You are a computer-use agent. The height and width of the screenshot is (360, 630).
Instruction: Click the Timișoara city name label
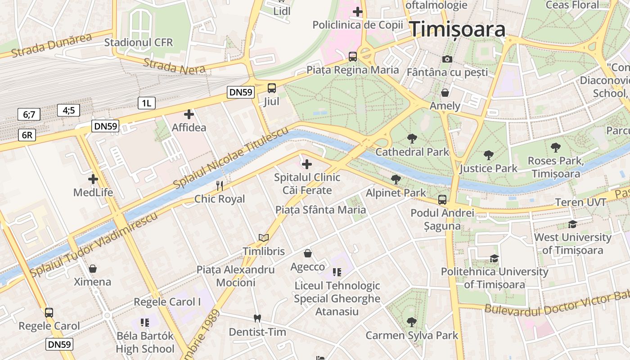[457, 30]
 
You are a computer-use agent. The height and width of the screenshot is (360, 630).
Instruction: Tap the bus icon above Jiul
[272, 88]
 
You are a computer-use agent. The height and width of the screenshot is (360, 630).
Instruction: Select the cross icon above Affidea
[189, 114]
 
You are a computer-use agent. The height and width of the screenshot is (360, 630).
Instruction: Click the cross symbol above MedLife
[93, 179]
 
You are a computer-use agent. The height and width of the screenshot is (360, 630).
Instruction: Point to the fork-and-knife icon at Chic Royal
[220, 185]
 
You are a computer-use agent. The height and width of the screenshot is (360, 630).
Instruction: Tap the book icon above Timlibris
[264, 238]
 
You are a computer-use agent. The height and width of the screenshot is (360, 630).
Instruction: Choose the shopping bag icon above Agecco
[308, 253]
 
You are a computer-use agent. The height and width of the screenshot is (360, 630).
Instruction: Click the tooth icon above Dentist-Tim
[257, 318]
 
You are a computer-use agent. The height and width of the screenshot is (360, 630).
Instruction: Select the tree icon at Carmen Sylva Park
[411, 322]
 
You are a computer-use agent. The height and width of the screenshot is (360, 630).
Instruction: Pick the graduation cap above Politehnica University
[494, 258]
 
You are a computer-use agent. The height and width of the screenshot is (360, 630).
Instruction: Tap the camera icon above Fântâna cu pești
[447, 59]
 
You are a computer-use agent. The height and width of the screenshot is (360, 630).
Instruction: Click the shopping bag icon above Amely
[445, 93]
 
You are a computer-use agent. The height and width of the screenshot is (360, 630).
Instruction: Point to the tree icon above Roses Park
[556, 147]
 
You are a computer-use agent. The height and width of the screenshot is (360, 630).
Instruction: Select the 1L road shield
[146, 103]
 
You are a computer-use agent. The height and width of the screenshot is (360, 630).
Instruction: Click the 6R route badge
[27, 135]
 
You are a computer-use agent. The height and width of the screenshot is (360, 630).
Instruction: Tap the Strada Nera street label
[174, 66]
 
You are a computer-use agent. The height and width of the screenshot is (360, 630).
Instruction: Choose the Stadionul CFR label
[138, 42]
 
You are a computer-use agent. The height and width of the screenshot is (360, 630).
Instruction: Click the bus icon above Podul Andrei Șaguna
[442, 199]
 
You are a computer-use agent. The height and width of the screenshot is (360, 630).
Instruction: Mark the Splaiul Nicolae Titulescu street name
[230, 158]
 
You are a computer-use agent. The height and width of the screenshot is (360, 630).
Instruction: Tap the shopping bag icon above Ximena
[93, 269]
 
